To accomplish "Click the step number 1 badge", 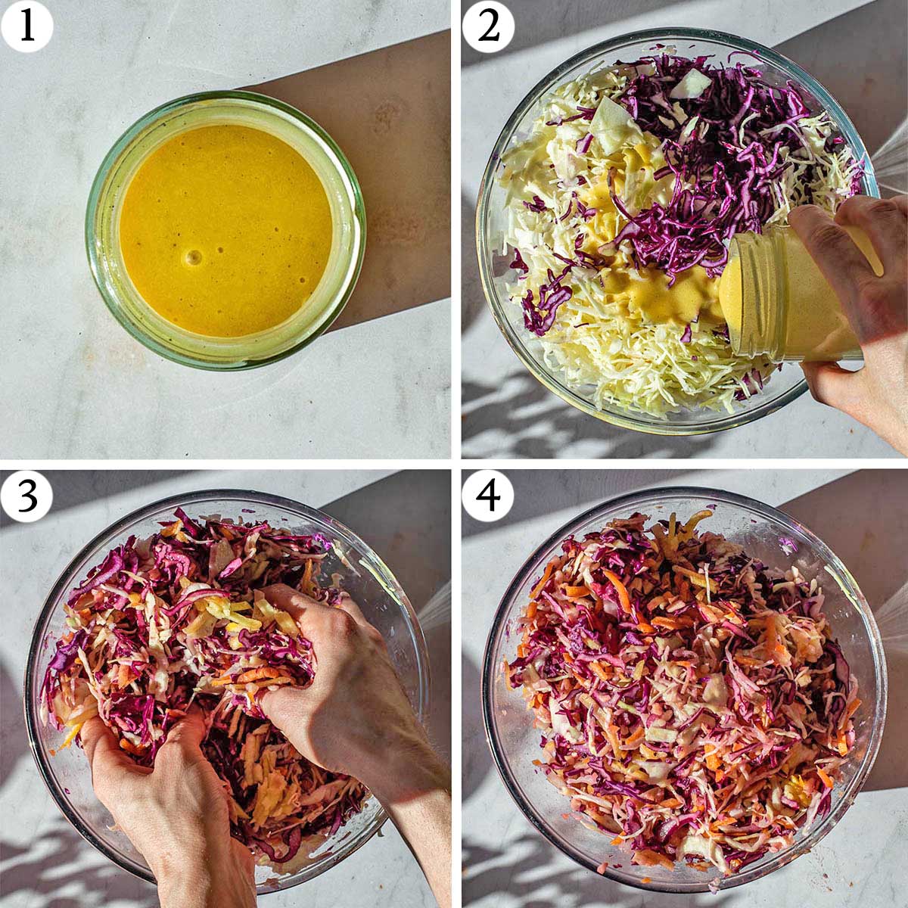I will click(27, 27).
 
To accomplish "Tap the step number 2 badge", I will click(489, 27).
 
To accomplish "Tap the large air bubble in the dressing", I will click(194, 258).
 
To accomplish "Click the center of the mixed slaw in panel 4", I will click(681, 689).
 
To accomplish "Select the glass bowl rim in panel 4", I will click(882, 681).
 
